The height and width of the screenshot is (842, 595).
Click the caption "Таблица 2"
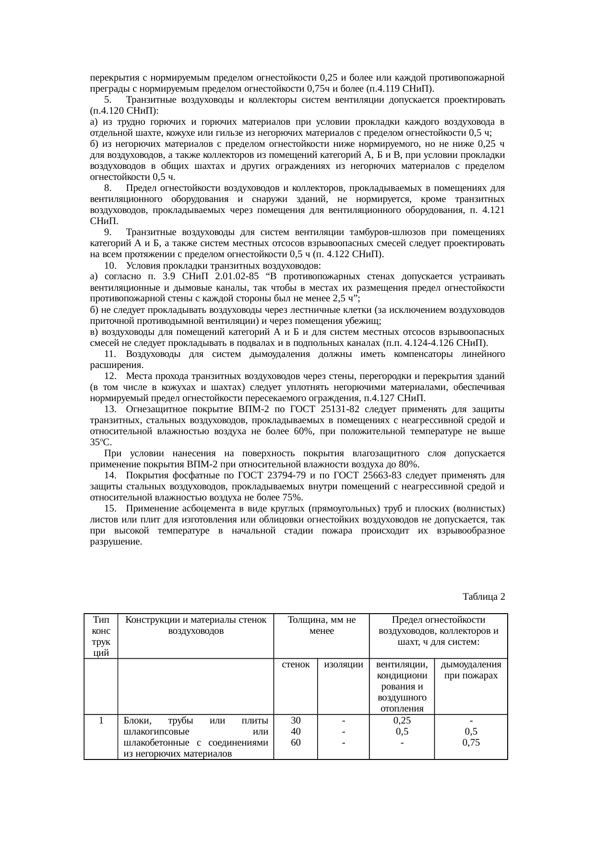click(x=484, y=597)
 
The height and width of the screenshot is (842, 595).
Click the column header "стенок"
click(x=295, y=664)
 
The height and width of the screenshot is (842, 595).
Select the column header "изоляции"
click(x=343, y=664)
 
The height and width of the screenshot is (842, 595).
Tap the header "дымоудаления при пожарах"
click(x=471, y=670)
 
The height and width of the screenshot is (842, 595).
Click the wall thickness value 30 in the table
click(x=296, y=720)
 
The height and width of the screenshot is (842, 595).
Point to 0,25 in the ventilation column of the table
click(x=402, y=720)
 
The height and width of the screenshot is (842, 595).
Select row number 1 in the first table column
click(x=101, y=720)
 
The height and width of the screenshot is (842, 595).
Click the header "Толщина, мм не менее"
click(x=321, y=625)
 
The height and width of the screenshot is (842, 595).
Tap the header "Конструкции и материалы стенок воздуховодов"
click(x=196, y=625)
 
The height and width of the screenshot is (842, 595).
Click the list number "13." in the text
click(x=110, y=409)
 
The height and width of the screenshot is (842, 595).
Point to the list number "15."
click(x=110, y=508)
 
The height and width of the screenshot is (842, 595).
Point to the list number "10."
click(x=110, y=266)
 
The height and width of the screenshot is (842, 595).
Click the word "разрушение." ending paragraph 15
click(x=116, y=541)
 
